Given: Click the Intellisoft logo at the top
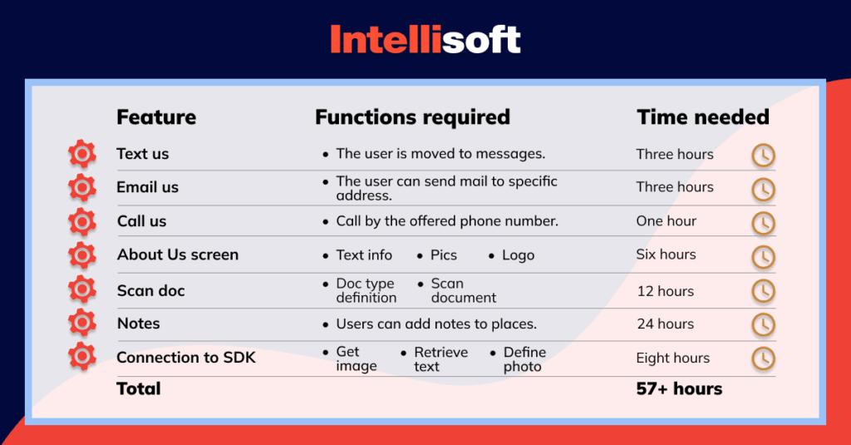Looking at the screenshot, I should (425, 39).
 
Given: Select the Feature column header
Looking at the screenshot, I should (156, 117).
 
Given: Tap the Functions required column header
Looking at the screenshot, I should (412, 117).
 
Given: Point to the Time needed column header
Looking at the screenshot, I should (703, 117).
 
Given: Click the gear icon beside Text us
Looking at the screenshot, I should (81, 154).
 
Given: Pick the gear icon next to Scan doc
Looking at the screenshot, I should (81, 289).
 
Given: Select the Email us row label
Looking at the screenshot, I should (147, 187).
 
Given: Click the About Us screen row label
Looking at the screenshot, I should (178, 255).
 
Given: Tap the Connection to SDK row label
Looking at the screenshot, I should (186, 358).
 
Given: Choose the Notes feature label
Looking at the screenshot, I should (139, 324).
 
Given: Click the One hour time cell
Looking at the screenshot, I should (667, 221).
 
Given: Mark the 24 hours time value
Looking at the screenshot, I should (665, 324).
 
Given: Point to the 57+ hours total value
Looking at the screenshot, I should (679, 388).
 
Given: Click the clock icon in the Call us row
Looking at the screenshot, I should (763, 223).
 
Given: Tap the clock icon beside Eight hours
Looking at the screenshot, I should (763, 358).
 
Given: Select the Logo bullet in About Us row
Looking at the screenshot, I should (518, 255).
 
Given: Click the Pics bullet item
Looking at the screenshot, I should (444, 255).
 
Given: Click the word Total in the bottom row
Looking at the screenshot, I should (139, 388).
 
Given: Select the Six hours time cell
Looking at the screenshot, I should (667, 255).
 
